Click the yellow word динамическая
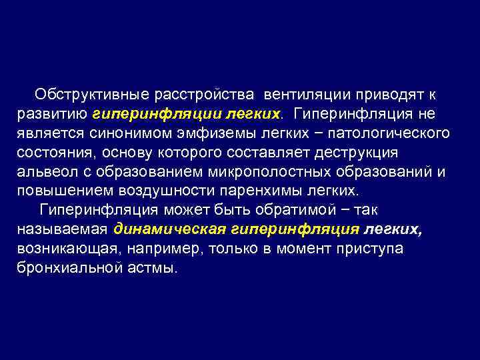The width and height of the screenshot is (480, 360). coord(171,229)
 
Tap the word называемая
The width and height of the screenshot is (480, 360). coord(61,229)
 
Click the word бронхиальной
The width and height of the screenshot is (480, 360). coord(65,267)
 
